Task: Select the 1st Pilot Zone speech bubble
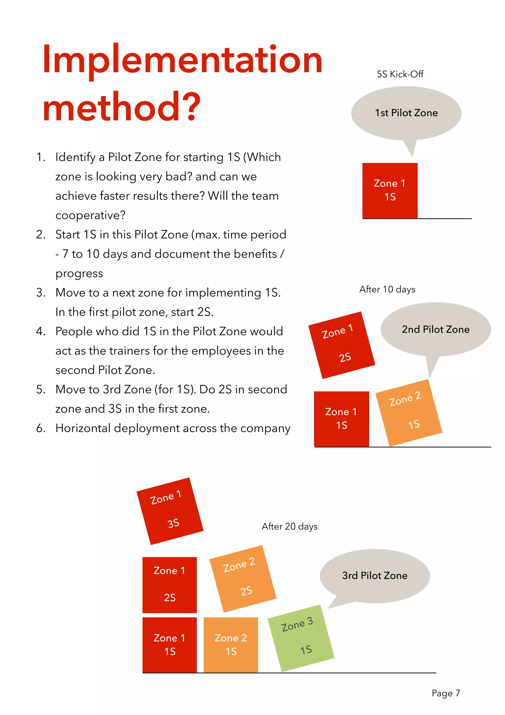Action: pos(406,113)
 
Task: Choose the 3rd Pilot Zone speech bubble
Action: pos(375,576)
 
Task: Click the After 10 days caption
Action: pos(387,289)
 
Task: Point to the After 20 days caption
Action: pos(289,526)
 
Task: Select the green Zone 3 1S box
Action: pos(301,638)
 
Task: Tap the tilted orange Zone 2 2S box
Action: pos(243,578)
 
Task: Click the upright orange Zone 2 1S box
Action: pos(231,645)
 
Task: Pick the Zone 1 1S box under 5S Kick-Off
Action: pos(390,190)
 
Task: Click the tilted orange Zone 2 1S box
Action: pos(409,413)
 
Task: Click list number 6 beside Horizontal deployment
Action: pos(40,428)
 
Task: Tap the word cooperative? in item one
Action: pos(90,215)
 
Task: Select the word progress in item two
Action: pos(79,273)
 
